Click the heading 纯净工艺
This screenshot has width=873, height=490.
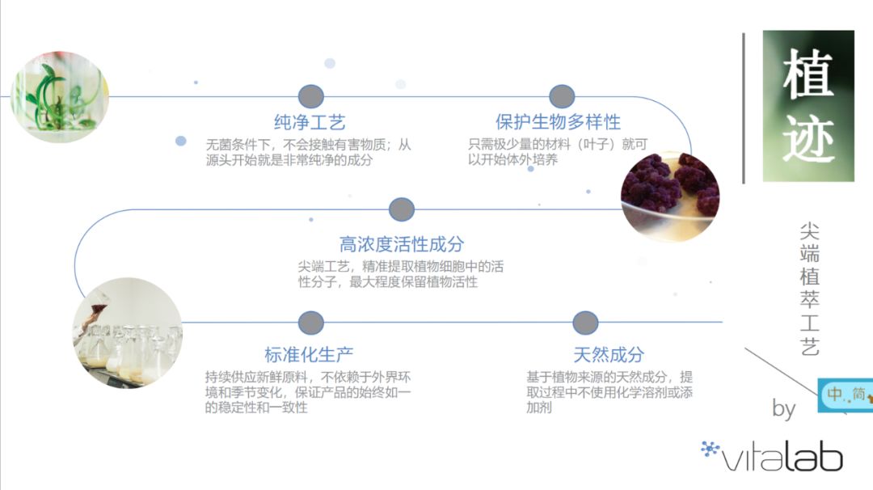pos(310,123)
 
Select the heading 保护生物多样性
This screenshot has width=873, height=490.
pos(558,122)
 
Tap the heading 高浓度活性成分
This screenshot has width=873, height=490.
pos(401,244)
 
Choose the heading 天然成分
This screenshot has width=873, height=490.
pos(609,354)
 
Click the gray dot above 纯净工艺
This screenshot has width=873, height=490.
pos(310,97)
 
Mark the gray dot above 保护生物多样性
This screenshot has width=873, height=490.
pos(562,97)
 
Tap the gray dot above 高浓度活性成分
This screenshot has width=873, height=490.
pos(402,210)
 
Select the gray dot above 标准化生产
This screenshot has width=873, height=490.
pos(310,323)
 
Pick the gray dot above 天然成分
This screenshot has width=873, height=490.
pos(585,323)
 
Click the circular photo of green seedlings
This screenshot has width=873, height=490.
pos(60,97)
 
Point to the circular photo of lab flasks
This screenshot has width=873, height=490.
pos(127,332)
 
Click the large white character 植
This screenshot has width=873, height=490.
pos(808,72)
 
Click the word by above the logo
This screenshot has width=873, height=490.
pos(783,408)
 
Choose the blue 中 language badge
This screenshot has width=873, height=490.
pos(834,395)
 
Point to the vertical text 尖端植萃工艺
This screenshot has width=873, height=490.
pos(809,289)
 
